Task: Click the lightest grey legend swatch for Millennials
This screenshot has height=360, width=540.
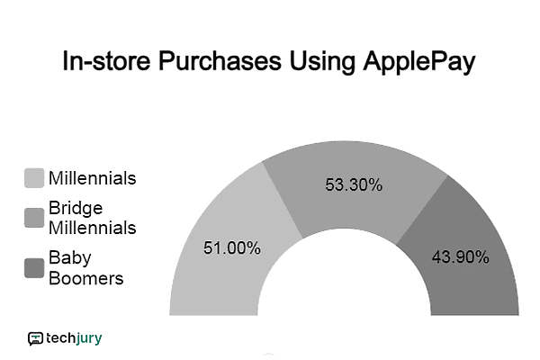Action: [34, 178]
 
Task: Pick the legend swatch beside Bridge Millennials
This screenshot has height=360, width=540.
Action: [34, 219]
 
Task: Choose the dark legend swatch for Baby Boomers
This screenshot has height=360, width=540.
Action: [34, 268]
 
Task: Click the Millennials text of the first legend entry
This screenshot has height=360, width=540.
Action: [93, 178]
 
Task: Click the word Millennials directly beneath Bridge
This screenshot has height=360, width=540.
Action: [93, 229]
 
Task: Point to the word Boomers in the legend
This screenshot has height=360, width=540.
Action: [86, 278]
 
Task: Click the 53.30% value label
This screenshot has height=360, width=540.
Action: [353, 185]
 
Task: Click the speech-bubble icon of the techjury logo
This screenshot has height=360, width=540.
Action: [35, 339]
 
